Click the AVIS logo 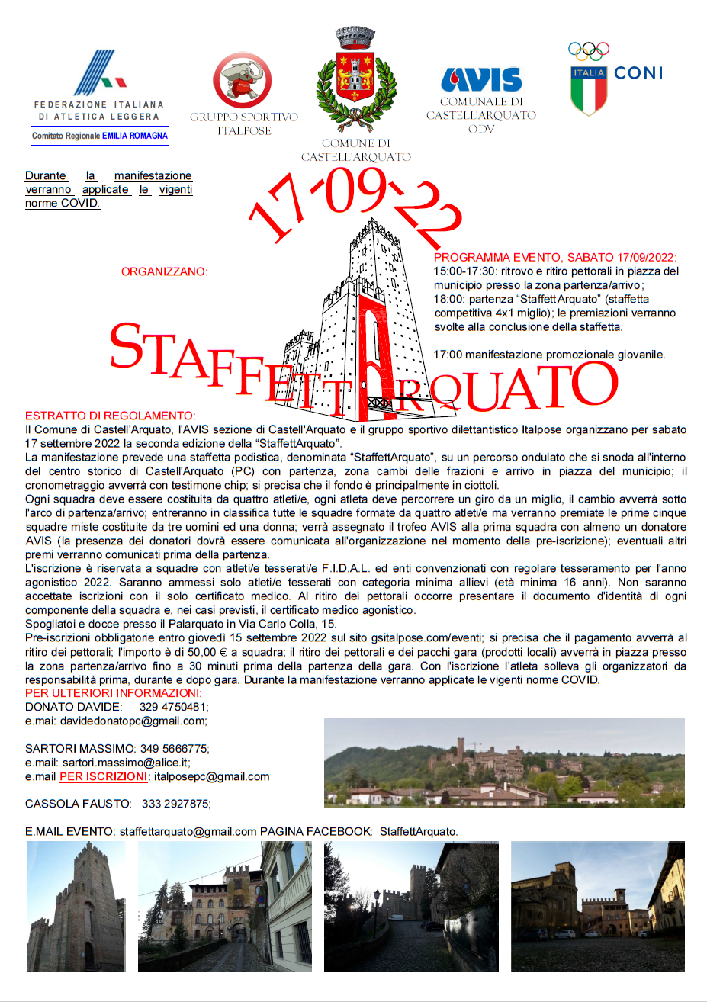(480, 80)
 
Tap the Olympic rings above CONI (589, 52)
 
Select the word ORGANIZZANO (164, 271)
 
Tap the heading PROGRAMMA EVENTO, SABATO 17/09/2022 (554, 258)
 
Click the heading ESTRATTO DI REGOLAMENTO (110, 416)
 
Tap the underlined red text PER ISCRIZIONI (104, 776)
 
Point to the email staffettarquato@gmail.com (188, 831)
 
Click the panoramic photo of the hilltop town (504, 763)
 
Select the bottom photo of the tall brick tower (76, 906)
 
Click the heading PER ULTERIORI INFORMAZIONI (113, 693)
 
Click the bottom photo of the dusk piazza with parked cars (597, 906)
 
